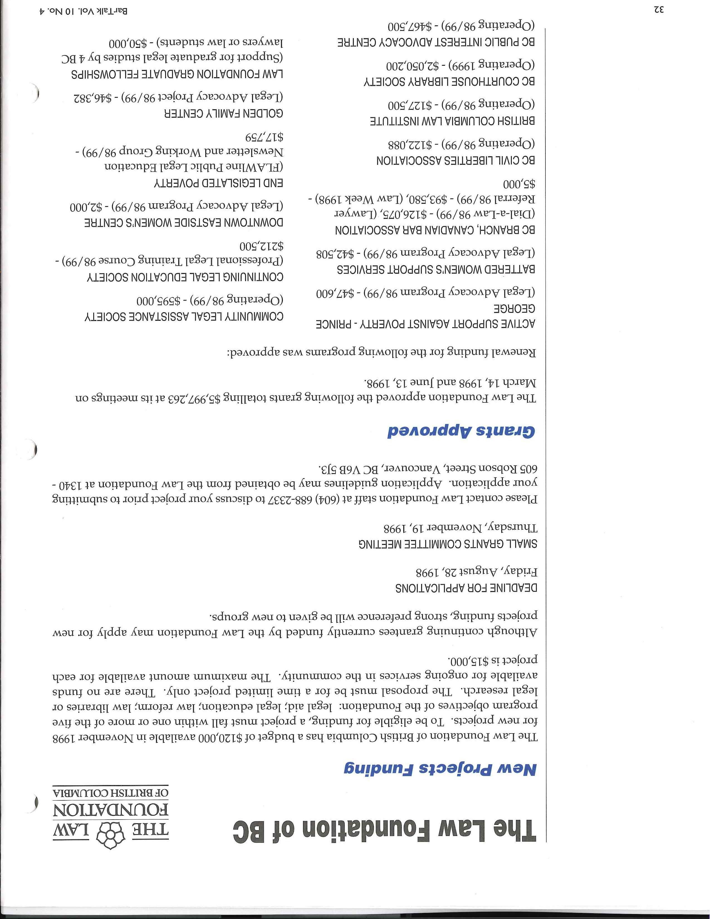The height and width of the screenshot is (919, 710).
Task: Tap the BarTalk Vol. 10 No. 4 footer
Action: pyautogui.click(x=83, y=11)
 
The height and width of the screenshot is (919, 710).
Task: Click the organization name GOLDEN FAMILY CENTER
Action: pyautogui.click(x=223, y=114)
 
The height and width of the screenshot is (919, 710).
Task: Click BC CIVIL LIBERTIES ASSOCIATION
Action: pyautogui.click(x=456, y=160)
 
